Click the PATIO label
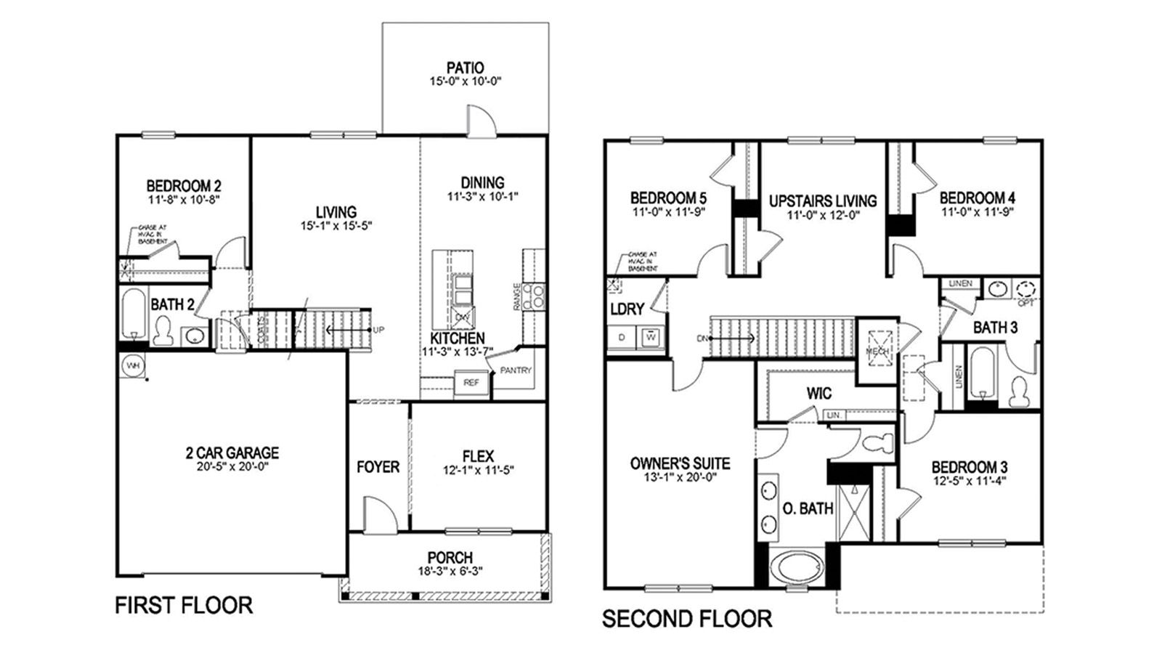pyautogui.click(x=466, y=68)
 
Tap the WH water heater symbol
pyautogui.click(x=132, y=365)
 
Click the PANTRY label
pyautogui.click(x=516, y=370)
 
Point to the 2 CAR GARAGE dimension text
pyautogui.click(x=232, y=467)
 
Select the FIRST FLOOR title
pyautogui.click(x=184, y=605)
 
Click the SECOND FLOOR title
pyautogui.click(x=687, y=619)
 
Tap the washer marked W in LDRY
pyautogui.click(x=651, y=338)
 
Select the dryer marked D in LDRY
pyautogui.click(x=622, y=338)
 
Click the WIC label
pyautogui.click(x=818, y=394)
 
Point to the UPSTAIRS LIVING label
pyautogui.click(x=823, y=200)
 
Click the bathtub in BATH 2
pyautogui.click(x=134, y=316)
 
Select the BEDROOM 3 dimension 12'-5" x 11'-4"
pyautogui.click(x=969, y=480)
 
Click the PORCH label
pyautogui.click(x=450, y=558)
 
